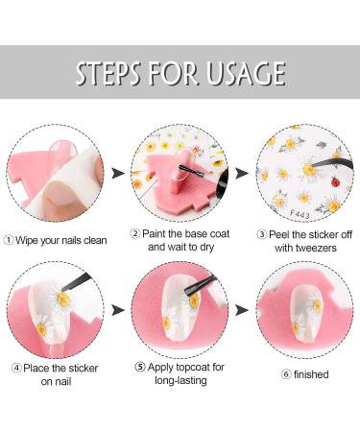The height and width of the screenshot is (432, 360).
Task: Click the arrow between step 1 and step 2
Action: point(118,173)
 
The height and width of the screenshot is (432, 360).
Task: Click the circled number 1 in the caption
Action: point(9,240)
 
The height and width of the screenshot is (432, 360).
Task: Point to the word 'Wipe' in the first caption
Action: point(31,240)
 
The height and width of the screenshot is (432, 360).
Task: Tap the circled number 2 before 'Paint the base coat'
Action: point(135,233)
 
